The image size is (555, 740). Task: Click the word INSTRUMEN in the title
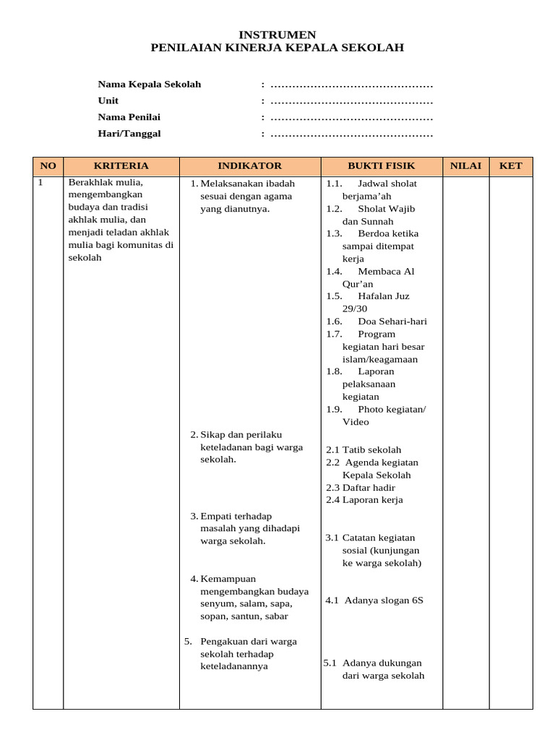[277, 35]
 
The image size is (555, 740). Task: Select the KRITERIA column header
[121, 165]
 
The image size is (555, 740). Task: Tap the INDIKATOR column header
[249, 165]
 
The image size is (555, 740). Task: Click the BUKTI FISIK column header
[381, 165]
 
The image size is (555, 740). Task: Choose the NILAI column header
[465, 165]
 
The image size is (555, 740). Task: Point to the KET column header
[510, 165]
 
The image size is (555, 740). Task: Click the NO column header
[48, 165]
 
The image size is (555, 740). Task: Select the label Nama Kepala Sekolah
[150, 85]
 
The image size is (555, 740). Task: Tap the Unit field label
[108, 100]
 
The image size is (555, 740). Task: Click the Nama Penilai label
[129, 117]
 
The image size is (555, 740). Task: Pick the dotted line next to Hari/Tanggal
[351, 134]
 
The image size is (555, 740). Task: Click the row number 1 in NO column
[41, 183]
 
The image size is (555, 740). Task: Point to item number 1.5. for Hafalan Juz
[334, 296]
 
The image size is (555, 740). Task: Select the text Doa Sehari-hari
[392, 322]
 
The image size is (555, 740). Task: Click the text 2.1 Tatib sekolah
[363, 449]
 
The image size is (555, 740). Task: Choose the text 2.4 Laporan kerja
[364, 499]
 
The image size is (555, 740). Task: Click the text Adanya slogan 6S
[384, 600]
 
